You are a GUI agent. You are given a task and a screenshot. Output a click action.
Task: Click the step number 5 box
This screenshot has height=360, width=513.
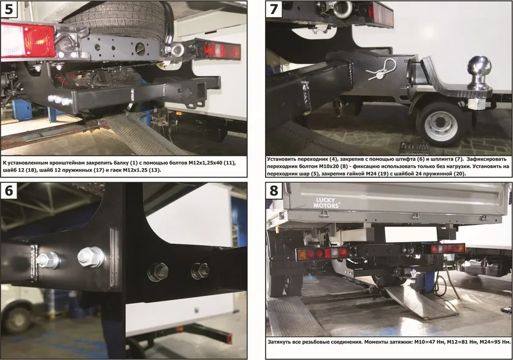pos(9,9)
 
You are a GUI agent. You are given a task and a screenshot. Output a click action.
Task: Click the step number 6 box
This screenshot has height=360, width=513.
pos(9,190)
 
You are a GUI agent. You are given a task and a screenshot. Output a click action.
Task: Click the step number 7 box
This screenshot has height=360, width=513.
pos(274,9)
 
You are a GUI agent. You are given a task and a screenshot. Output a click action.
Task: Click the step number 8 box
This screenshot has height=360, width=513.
pos(274,190)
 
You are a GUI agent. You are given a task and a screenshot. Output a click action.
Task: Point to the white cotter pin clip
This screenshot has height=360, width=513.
pos(381,70)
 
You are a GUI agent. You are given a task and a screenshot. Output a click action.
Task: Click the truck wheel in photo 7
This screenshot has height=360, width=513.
pos(440,123)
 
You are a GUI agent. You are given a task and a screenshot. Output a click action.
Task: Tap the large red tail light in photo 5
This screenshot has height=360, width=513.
pos(28,40)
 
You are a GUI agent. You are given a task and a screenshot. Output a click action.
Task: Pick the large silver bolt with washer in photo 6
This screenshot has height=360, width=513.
pos(91,257)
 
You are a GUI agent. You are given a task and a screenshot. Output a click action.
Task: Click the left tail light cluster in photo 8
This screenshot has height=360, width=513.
pos(322,254)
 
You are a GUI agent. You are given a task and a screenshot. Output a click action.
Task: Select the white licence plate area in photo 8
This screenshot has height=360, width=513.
pos(411,234)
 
